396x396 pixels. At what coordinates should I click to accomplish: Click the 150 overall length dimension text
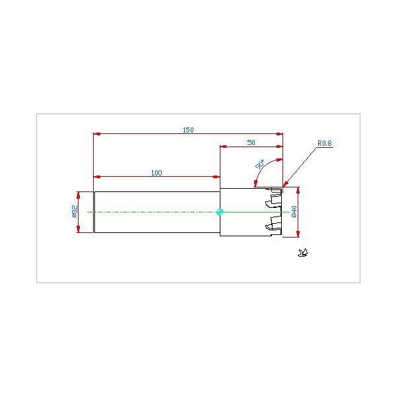188,130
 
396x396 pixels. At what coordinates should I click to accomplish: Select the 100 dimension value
156,173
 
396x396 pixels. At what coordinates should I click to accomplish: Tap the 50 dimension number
251,142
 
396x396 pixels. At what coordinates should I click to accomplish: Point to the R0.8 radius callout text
324,143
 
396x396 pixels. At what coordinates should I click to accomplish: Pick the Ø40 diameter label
294,212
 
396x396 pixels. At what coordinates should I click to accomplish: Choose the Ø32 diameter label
75,211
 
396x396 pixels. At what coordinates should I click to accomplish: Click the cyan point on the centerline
220,212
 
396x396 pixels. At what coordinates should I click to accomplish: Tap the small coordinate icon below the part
304,251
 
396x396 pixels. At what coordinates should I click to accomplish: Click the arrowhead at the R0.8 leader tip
284,185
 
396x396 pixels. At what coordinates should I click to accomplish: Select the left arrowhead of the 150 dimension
96,135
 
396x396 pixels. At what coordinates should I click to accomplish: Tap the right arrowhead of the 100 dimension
216,177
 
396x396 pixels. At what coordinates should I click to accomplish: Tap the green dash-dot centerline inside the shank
152,212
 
